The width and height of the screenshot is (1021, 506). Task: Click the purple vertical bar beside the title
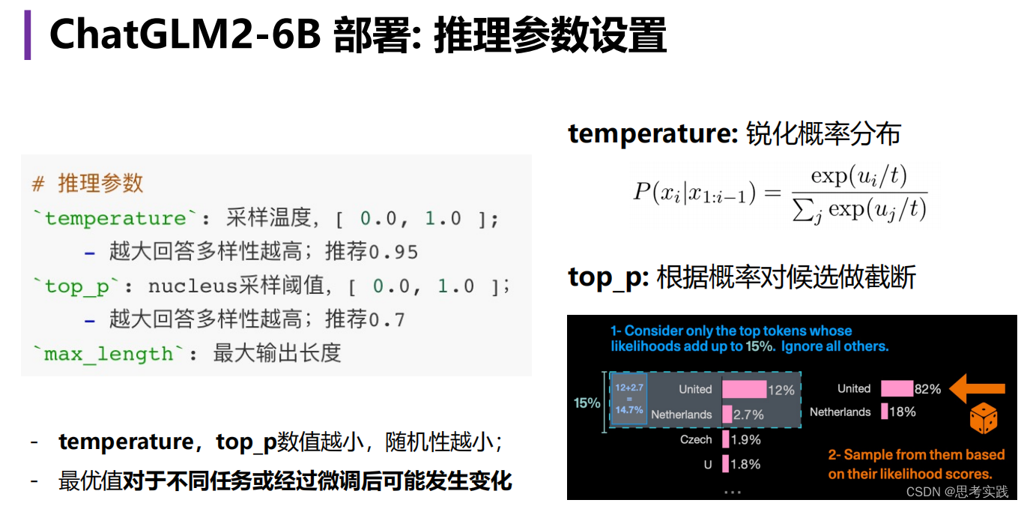click(x=28, y=34)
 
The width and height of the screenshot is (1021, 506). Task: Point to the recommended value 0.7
click(x=387, y=320)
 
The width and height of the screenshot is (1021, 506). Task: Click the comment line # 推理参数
click(x=88, y=184)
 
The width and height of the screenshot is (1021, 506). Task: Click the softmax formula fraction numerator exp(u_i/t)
click(x=858, y=176)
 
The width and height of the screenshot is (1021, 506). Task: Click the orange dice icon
click(x=983, y=419)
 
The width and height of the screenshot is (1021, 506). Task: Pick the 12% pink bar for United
click(x=744, y=389)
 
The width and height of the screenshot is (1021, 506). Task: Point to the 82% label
click(x=927, y=389)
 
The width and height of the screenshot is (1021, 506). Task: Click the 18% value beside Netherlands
click(x=903, y=412)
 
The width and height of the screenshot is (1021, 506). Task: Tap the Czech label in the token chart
click(x=696, y=440)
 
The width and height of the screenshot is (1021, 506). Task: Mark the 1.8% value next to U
click(x=745, y=464)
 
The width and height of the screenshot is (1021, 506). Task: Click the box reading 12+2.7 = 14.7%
click(x=628, y=399)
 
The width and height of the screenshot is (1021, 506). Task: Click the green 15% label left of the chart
click(x=587, y=403)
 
